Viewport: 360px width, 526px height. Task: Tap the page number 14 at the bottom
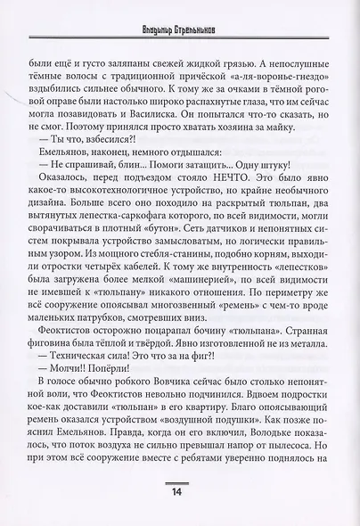click(180, 493)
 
